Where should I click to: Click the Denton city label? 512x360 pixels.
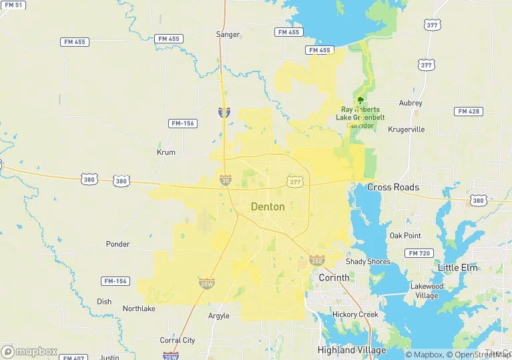tap(268, 207)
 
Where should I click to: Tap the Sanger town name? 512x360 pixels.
tap(228, 34)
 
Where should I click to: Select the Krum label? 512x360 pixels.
tap(166, 152)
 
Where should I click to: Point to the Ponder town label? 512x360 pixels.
tap(117, 244)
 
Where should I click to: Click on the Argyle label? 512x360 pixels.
tap(218, 316)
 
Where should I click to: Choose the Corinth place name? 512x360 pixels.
tap(334, 278)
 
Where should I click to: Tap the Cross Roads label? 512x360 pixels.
tap(393, 188)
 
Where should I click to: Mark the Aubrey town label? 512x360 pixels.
tap(411, 104)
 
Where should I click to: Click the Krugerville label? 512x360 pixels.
tap(406, 130)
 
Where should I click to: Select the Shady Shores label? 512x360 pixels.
tap(368, 262)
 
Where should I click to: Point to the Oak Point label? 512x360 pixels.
tap(405, 236)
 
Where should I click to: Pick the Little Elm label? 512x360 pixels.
tap(457, 268)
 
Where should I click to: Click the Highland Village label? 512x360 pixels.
tap(351, 350)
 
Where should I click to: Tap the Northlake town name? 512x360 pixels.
tap(139, 309)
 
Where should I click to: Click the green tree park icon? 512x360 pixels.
tap(360, 101)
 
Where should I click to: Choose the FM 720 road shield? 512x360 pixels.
tap(419, 253)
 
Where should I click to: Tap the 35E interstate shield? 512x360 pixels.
tap(316, 260)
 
